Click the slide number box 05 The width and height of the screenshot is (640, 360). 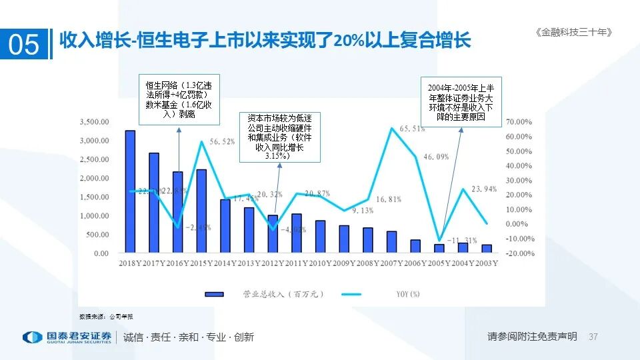[x=24, y=44]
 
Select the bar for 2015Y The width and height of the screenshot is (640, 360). [x=201, y=211]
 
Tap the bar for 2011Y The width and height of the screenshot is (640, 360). [x=296, y=233]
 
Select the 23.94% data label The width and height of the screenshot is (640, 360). [x=484, y=189]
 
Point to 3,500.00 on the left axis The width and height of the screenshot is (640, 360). [x=93, y=122]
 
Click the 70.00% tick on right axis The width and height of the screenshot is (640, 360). [x=519, y=122]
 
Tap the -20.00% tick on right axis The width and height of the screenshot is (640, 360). [x=519, y=253]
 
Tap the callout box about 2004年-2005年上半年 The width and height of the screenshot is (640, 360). [x=461, y=101]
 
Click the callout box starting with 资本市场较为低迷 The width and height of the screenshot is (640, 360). [x=280, y=137]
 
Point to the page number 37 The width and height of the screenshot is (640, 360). [x=594, y=337]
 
